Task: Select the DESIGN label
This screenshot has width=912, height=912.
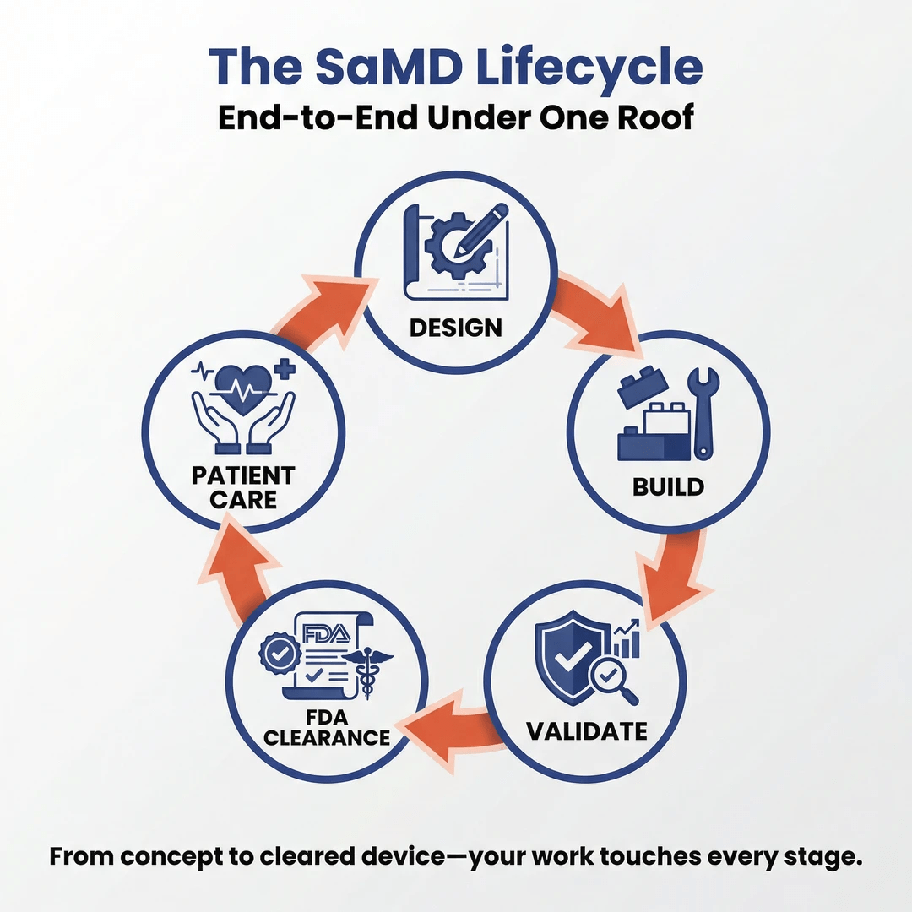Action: pyautogui.click(x=455, y=327)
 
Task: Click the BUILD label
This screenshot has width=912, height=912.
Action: pyautogui.click(x=667, y=486)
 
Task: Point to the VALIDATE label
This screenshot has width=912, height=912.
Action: pyautogui.click(x=587, y=730)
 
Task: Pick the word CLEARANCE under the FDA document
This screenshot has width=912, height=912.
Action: pyautogui.click(x=327, y=737)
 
